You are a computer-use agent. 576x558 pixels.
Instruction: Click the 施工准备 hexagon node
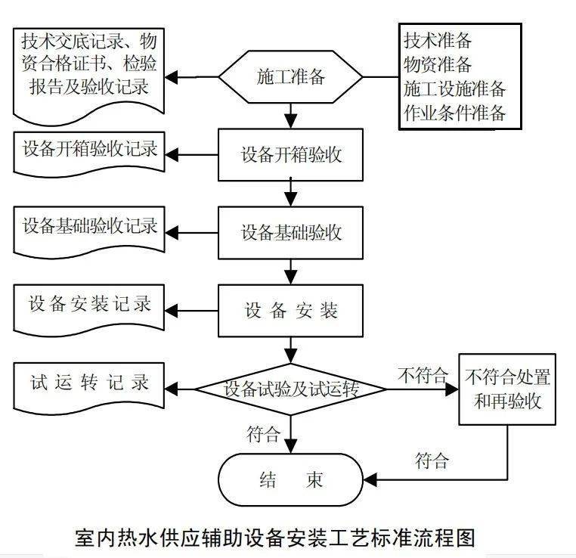291,76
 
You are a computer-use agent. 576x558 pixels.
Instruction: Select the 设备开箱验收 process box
291,155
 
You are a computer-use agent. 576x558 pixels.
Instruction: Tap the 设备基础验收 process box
291,232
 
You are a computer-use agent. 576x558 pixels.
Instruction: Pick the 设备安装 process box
291,310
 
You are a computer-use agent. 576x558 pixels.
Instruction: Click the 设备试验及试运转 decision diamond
291,389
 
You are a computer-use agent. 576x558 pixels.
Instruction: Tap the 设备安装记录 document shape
90,305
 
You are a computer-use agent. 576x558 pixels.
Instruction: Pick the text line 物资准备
438,64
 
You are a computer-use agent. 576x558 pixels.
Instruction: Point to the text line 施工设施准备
454,88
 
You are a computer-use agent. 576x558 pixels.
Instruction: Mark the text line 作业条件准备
454,113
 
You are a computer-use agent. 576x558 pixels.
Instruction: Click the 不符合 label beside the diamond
423,375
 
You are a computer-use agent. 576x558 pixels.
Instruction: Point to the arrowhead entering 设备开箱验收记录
173,155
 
